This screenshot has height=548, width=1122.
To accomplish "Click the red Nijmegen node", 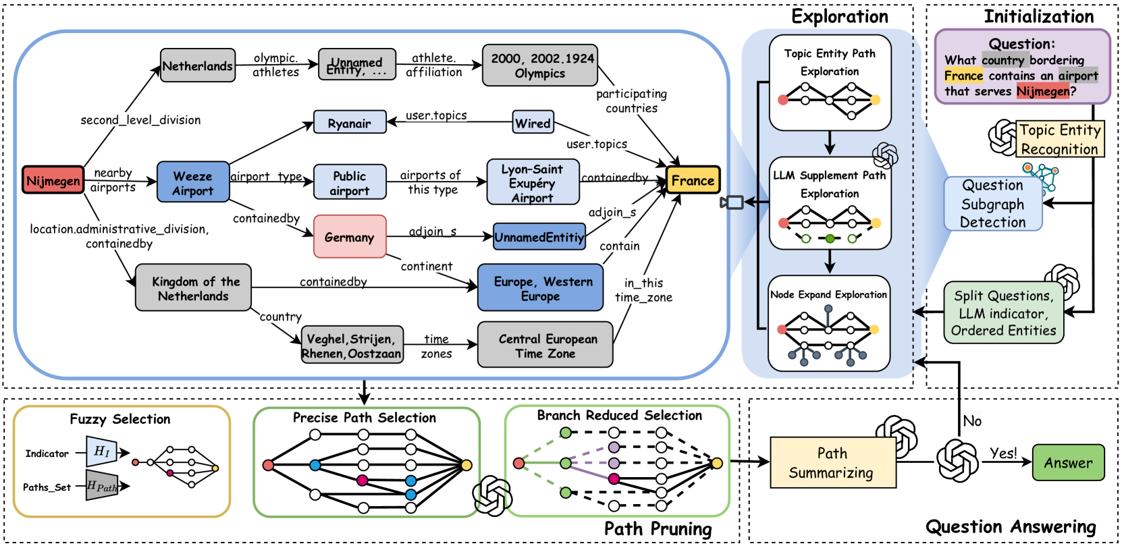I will [x=53, y=181].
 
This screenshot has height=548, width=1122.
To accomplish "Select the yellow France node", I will [x=693, y=180].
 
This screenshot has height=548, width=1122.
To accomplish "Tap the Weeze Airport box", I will [x=192, y=183].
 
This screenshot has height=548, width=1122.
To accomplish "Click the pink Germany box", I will [x=349, y=237].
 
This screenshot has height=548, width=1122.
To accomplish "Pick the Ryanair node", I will [x=349, y=123].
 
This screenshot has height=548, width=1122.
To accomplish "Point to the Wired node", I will [x=533, y=123].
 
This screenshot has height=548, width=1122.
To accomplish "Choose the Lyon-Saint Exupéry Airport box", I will [x=532, y=183].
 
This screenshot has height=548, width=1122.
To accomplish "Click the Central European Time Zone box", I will [x=545, y=346].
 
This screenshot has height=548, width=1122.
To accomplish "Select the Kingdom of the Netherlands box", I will [x=193, y=288].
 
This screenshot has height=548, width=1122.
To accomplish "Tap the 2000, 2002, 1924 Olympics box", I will [x=539, y=65].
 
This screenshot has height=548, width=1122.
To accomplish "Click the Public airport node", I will [x=349, y=183].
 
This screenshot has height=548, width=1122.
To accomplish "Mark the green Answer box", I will [x=1068, y=463].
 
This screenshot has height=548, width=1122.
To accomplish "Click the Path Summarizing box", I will [x=832, y=463].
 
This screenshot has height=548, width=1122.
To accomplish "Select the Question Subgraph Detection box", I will [x=992, y=204].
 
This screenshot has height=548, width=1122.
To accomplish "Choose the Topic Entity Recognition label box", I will [x=1059, y=139].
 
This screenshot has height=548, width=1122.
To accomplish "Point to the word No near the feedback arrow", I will [x=972, y=421].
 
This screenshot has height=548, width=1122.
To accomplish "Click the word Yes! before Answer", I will [x=1003, y=454].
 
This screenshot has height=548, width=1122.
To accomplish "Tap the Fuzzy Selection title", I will [x=120, y=419].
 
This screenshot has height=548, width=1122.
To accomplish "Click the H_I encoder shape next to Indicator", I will [x=101, y=451].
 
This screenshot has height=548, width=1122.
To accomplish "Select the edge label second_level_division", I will [x=140, y=120].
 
